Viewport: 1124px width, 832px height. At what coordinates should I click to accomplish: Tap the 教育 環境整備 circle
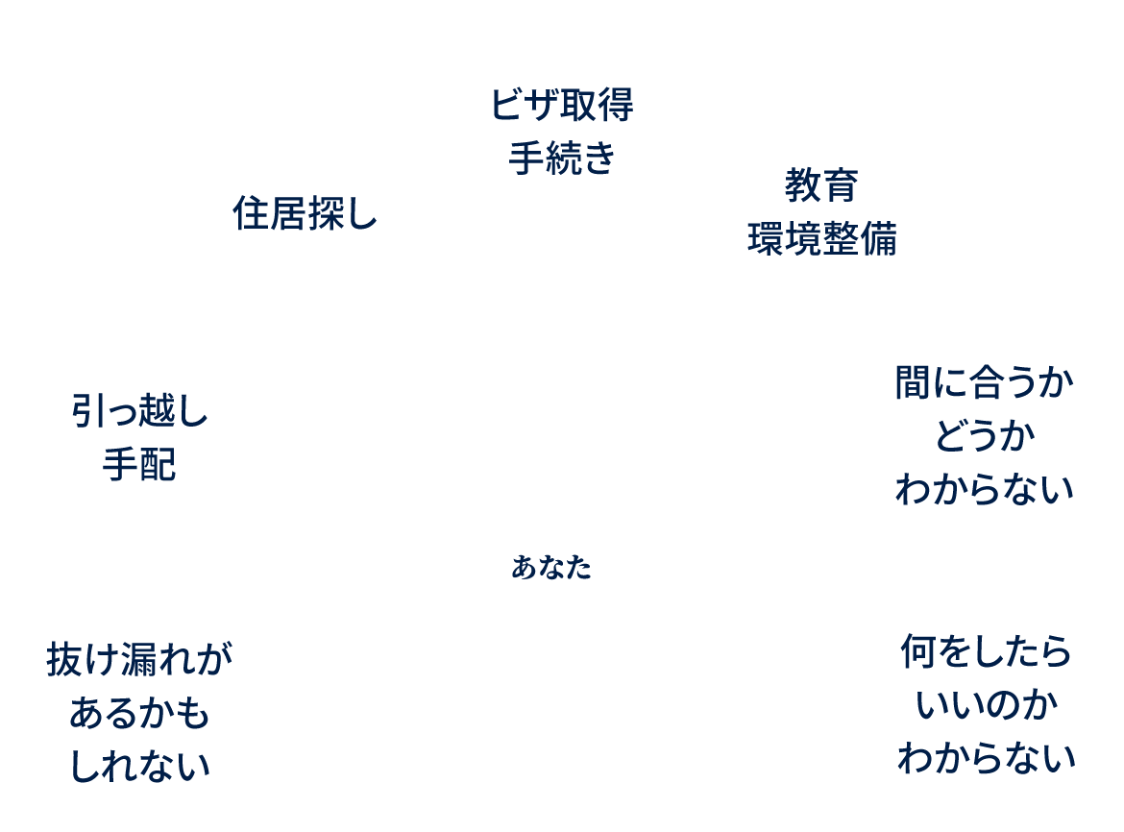tap(821, 212)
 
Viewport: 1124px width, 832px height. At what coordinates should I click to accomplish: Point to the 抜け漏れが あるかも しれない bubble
tap(139, 712)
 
